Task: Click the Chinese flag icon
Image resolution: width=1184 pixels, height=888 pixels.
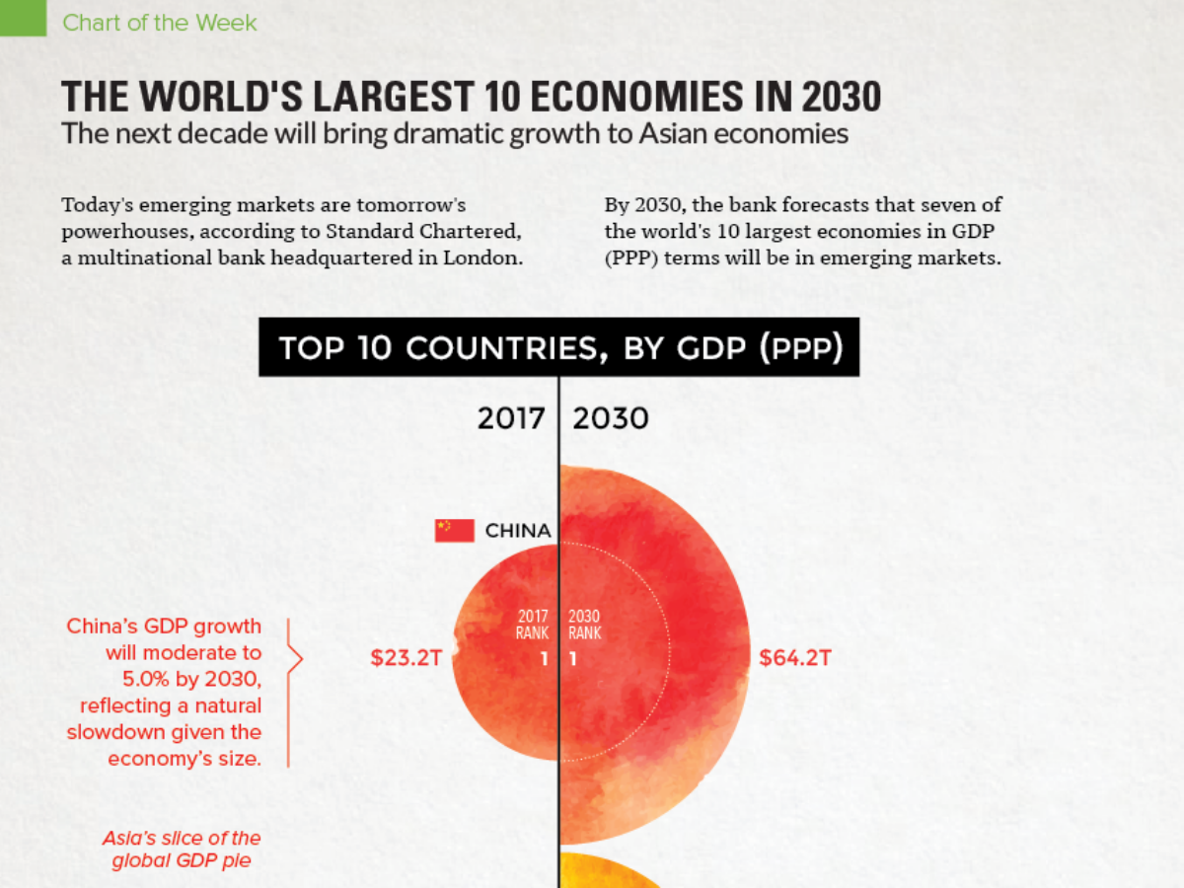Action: point(454,530)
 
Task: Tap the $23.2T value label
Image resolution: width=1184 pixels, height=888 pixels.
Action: point(406,657)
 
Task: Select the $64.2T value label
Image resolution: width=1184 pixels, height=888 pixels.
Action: point(794,657)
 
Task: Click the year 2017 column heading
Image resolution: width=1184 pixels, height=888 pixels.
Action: point(511,418)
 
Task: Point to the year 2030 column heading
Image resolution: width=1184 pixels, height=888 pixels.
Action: point(611,418)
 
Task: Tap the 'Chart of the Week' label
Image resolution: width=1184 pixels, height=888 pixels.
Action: point(159,22)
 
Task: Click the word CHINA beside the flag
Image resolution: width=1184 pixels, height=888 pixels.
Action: point(518,531)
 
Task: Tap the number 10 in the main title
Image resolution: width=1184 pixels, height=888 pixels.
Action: point(503,98)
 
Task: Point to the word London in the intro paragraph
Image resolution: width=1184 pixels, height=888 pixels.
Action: point(483,259)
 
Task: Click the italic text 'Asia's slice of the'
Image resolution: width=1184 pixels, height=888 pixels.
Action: point(182,838)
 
